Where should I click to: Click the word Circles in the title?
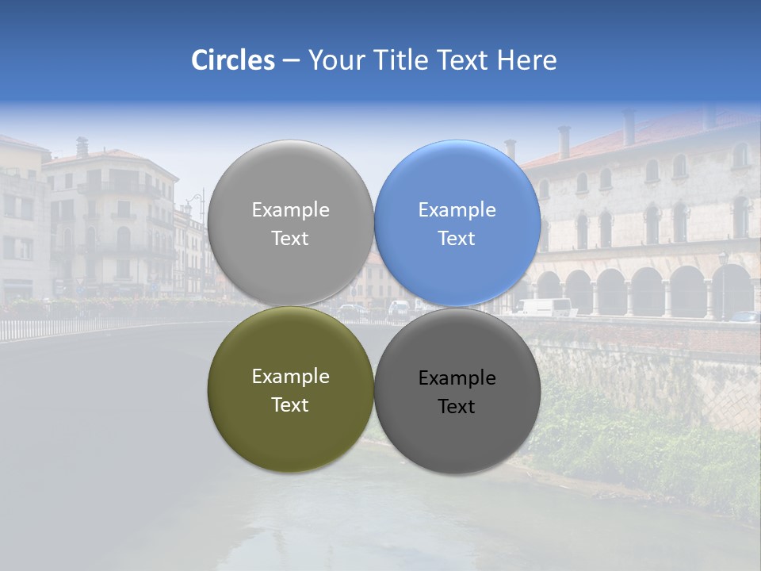coord(232,60)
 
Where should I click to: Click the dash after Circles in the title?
coord(291,61)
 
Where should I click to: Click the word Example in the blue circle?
coord(457,210)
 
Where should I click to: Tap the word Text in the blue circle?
coord(457,239)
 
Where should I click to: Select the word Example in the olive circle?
coord(290,377)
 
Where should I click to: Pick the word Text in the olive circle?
coord(290,405)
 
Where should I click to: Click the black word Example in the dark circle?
coord(457,378)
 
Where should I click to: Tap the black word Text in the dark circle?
coord(457,407)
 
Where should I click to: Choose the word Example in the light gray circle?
coord(290,210)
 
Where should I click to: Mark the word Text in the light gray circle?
coord(290,239)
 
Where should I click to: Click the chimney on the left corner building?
coord(82,147)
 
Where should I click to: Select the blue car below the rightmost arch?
coord(744,316)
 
